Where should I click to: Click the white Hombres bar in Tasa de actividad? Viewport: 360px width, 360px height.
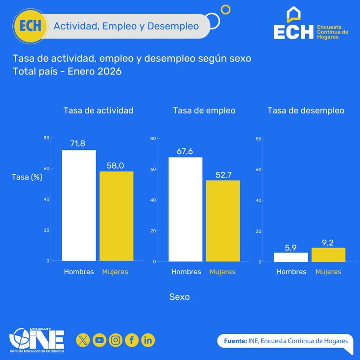79,205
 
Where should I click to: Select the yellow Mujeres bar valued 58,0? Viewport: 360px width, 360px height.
116,216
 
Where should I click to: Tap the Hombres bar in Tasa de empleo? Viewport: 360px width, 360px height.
185,209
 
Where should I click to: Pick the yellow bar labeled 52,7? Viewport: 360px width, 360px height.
223,221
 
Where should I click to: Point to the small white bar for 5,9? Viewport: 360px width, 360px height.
291,257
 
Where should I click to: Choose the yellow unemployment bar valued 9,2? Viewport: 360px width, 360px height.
328,254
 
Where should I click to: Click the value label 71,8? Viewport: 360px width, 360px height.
77,144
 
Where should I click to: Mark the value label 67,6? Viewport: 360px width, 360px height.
185,151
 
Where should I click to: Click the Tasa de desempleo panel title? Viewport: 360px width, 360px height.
306,110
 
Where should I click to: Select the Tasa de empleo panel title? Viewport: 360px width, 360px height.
204,110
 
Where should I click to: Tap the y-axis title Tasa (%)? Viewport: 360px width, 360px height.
27,177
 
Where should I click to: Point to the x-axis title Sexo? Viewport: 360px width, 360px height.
180,297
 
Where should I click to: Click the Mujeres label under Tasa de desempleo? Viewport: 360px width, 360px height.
328,272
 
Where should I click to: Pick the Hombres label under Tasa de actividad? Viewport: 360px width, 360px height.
79,272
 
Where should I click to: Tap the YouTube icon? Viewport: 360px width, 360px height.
100,340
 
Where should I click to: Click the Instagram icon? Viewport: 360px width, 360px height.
116,340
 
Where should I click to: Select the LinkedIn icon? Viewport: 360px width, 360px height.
148,340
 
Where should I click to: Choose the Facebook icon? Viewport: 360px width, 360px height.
132,340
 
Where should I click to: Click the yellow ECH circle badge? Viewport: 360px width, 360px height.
31,26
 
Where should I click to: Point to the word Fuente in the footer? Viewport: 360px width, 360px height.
235,341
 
